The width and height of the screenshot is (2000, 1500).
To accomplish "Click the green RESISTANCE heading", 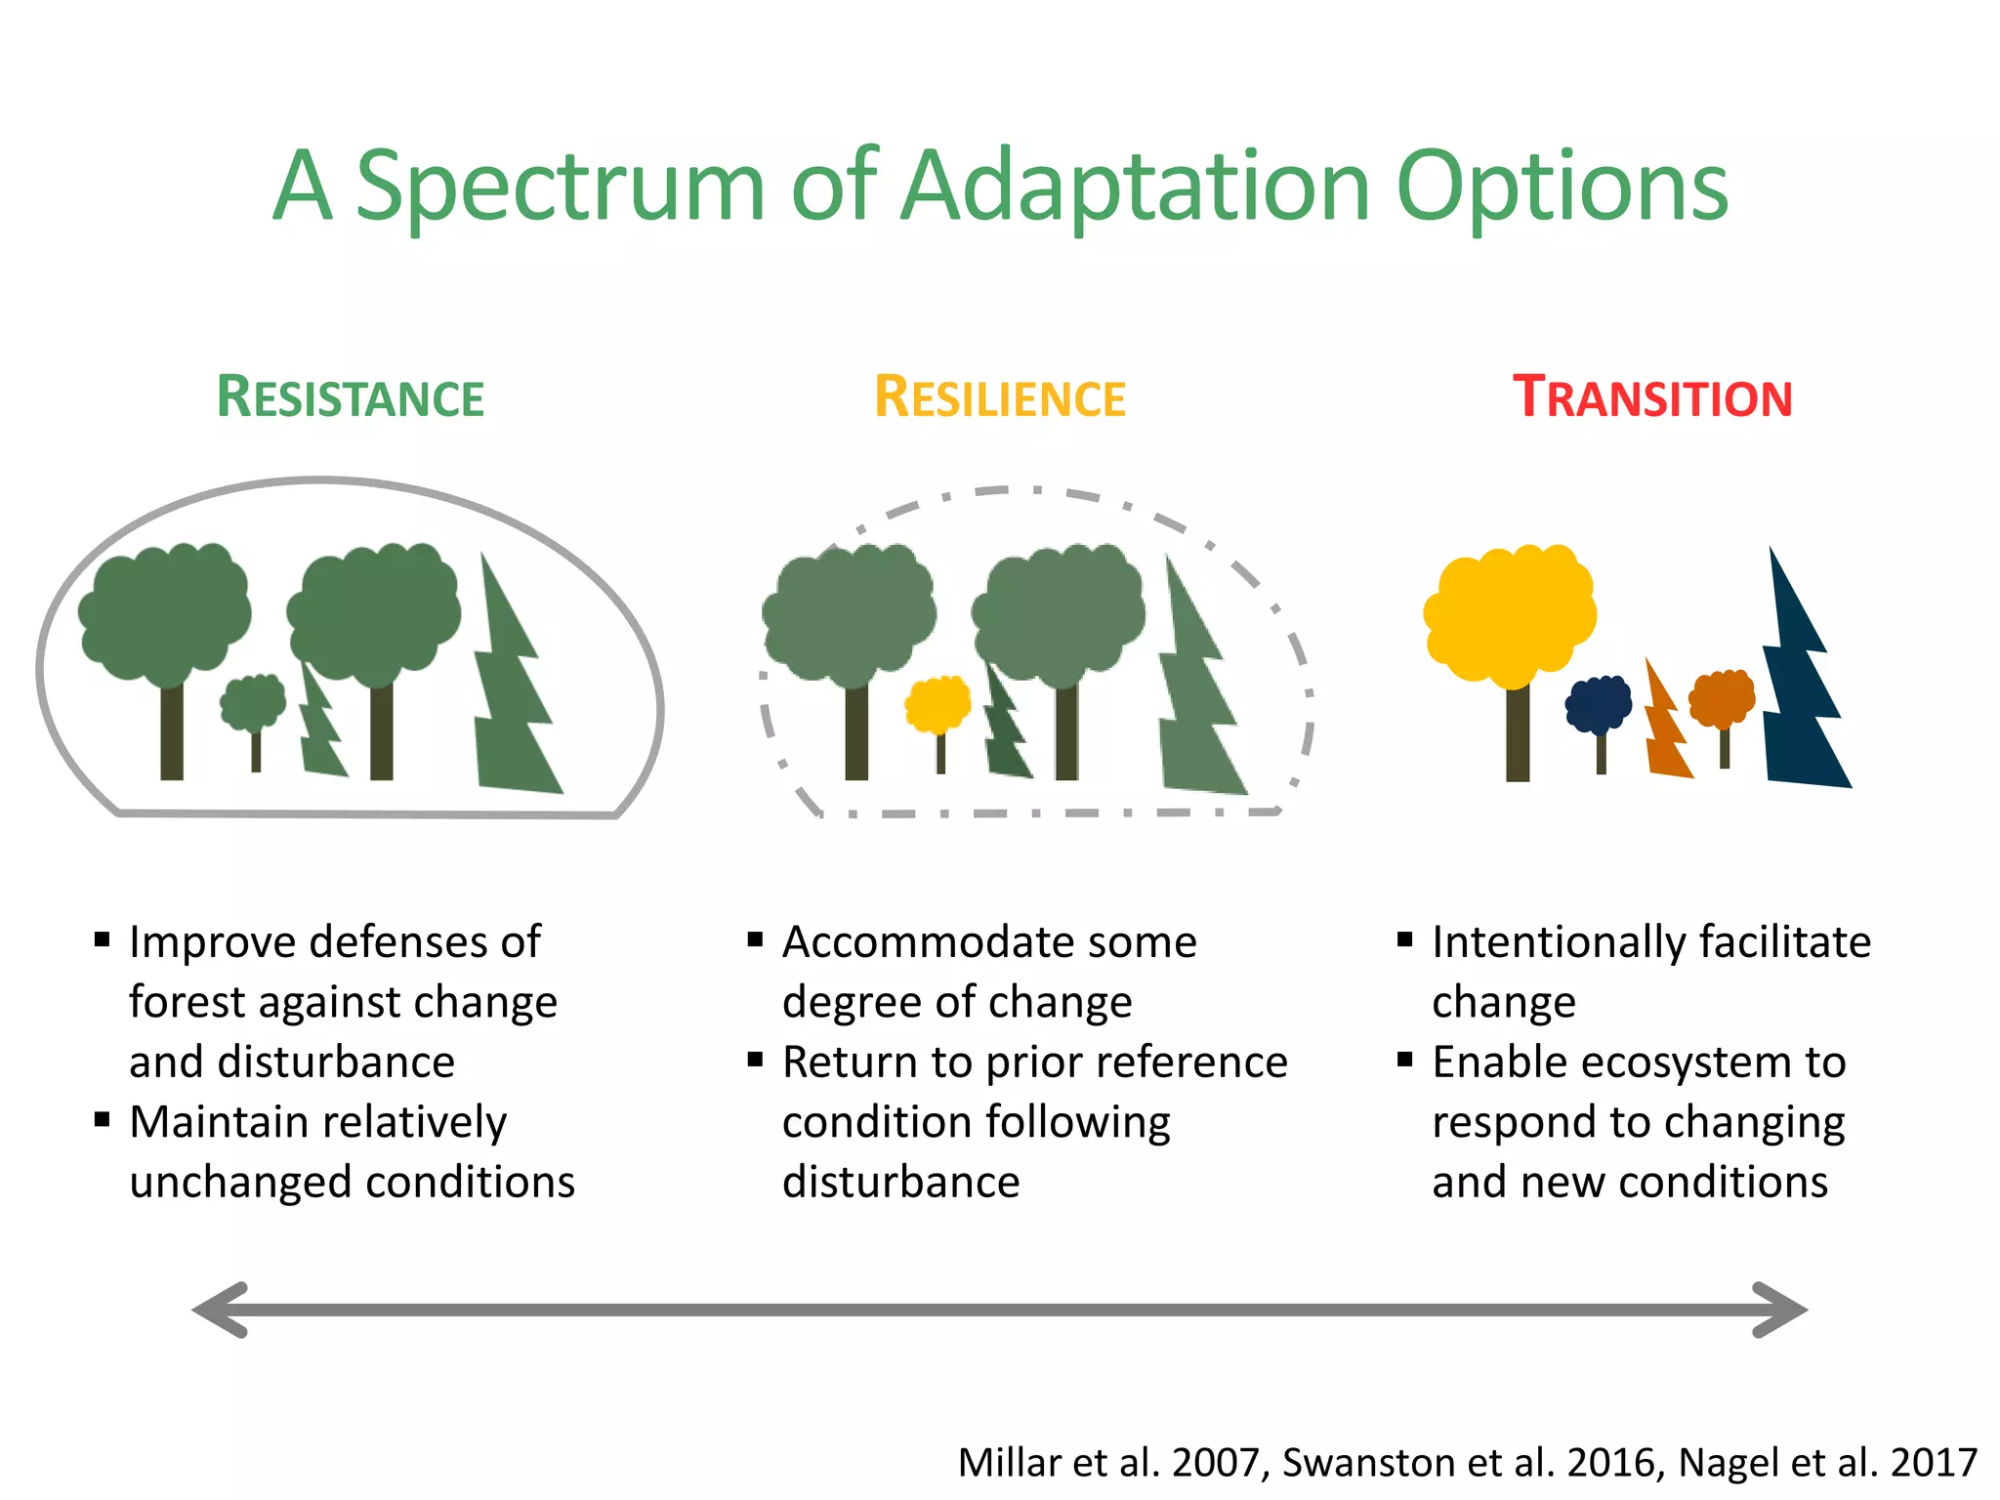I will click(x=350, y=398).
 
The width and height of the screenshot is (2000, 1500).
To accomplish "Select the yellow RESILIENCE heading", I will click(x=999, y=398).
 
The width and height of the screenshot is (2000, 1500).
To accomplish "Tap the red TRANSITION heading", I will click(x=1652, y=398).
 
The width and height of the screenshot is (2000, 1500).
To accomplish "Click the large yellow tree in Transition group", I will click(x=1509, y=615).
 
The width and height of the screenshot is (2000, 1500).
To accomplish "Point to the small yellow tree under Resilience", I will click(x=937, y=705).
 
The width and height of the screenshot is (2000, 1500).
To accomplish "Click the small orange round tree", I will click(x=1723, y=699).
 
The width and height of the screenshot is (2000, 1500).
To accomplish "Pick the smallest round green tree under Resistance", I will click(x=253, y=703).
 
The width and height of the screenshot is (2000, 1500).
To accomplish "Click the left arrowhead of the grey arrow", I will click(x=221, y=1310).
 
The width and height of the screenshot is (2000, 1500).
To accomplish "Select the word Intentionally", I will click(x=1559, y=943).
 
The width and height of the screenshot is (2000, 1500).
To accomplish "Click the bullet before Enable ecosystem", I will click(x=1404, y=1060).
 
